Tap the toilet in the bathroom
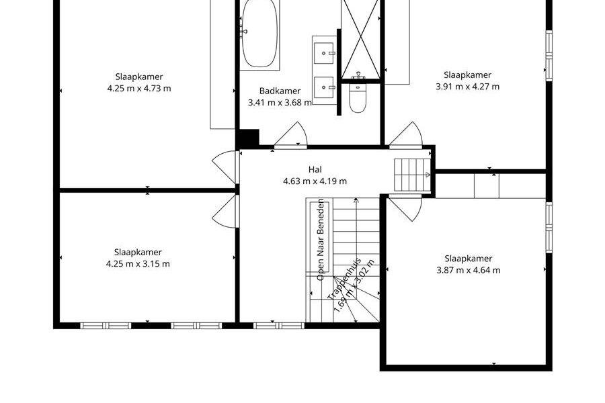point(358,97)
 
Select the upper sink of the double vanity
point(324,53)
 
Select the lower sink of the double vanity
point(324,87)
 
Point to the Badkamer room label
point(280,91)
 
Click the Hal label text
point(315,169)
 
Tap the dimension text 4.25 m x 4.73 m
point(139,88)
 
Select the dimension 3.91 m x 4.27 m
point(467,87)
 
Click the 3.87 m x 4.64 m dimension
point(468,270)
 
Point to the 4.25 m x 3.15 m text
point(138,264)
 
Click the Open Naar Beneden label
point(320,240)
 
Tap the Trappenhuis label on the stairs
point(344,279)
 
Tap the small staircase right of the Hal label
point(413,175)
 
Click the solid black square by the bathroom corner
point(247,138)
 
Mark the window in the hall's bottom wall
point(278,326)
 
